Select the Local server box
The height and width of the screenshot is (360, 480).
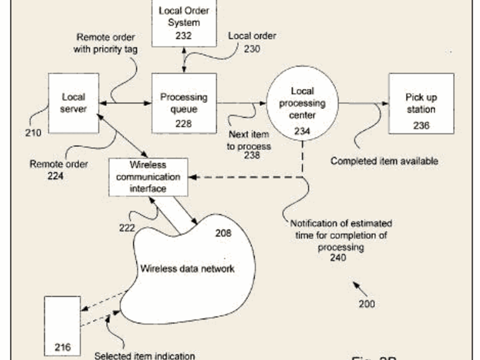point(74,103)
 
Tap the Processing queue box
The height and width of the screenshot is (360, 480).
point(183,103)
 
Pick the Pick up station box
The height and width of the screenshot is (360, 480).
point(421,103)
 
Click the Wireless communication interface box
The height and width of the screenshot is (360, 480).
point(148,177)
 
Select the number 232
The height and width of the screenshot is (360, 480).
point(183,36)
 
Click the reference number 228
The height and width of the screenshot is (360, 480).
point(183,123)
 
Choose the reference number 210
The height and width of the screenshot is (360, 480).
point(33,132)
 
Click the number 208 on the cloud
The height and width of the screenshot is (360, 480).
point(223,234)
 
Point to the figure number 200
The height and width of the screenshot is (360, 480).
point(367,304)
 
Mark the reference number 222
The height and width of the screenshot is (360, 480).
point(127,227)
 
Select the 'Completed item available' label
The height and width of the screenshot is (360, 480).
point(384,161)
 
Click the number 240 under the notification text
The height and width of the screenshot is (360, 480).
point(338,258)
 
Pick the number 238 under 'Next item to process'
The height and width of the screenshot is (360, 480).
point(252,156)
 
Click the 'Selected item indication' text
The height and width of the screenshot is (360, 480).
point(144,356)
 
